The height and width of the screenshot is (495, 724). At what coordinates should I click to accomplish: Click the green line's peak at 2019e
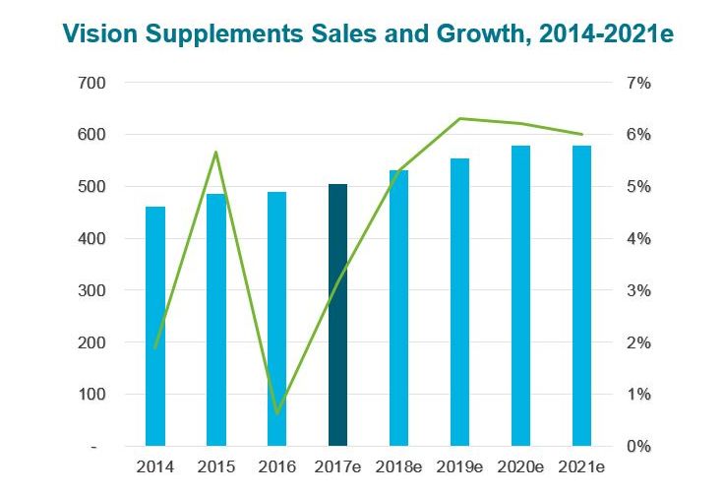459,119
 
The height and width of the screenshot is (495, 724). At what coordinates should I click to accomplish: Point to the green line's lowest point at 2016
277,413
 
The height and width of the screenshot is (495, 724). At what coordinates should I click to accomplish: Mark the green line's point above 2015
215,153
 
